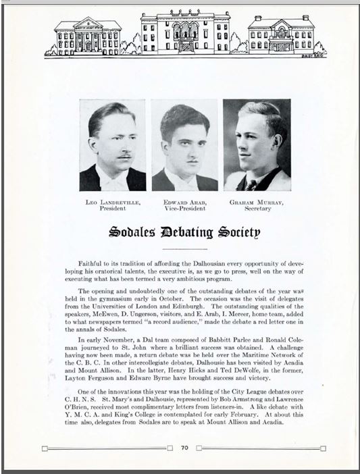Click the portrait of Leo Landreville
[113, 146]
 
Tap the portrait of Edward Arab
[184, 146]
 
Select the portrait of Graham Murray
[257, 146]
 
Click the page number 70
[184, 447]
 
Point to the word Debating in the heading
[183, 233]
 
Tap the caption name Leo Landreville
[113, 202]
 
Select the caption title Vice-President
[184, 209]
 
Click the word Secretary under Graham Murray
[257, 209]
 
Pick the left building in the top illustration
[87, 35]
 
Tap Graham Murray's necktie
[251, 183]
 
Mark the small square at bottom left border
[45, 448]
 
